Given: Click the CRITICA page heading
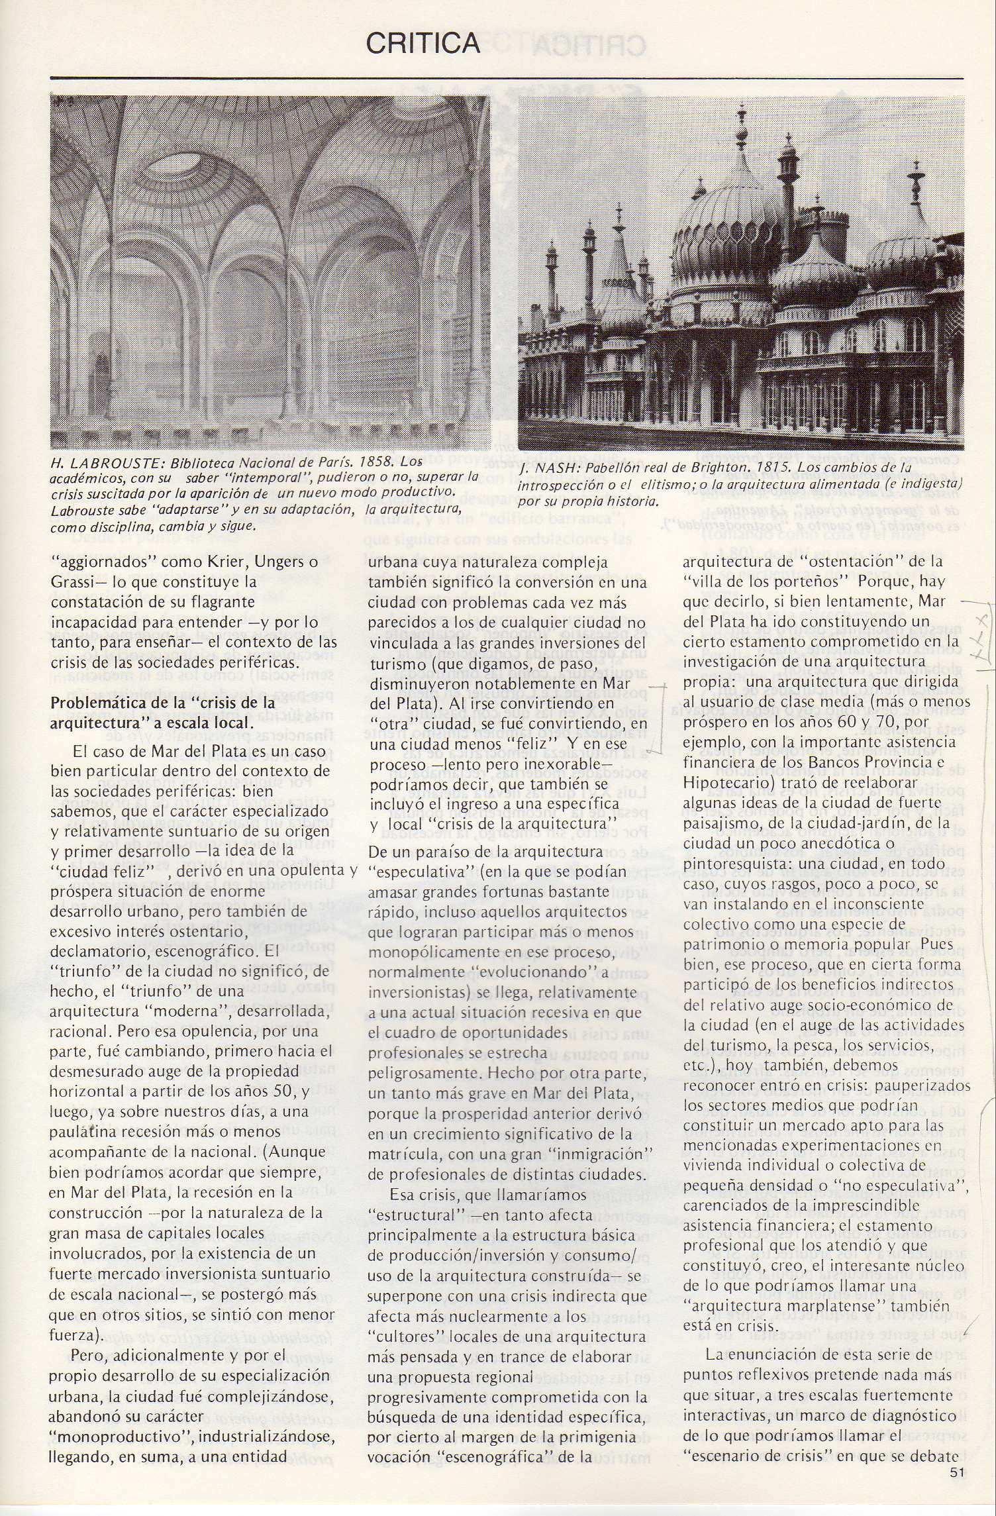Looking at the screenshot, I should [x=423, y=44].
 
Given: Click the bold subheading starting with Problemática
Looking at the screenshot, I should [x=163, y=712].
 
